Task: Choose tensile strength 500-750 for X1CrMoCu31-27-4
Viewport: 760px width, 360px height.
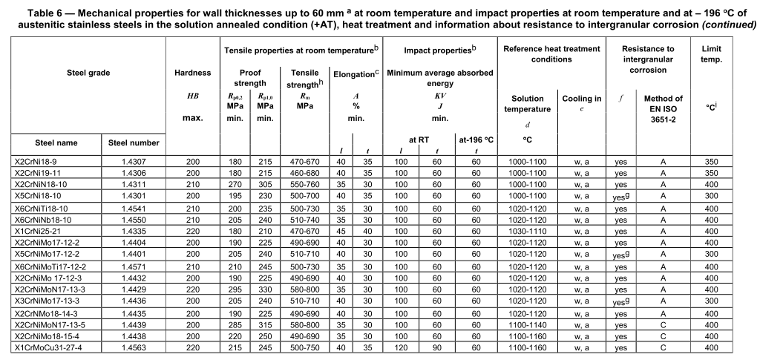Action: click(299, 347)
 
